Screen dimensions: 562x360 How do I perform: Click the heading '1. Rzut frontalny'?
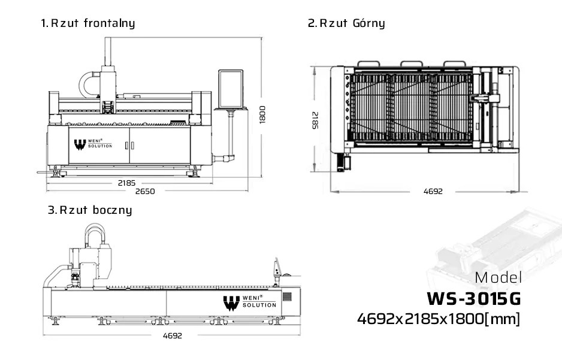88,23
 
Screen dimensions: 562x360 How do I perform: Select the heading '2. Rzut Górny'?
346,23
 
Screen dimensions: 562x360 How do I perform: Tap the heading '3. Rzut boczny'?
90,210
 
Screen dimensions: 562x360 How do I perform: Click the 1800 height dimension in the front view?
262,114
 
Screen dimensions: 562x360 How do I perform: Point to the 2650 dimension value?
145,192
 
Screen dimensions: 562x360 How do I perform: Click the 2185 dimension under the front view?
126,183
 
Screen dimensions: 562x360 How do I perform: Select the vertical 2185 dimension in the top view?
315,120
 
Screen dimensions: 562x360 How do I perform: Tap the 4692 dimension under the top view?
433,192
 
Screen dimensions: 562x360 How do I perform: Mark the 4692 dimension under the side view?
173,336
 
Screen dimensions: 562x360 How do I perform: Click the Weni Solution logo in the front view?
93,144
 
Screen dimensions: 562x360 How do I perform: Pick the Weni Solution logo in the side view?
249,302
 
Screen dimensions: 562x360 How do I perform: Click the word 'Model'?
498,278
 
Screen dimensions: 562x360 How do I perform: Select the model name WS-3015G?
473,299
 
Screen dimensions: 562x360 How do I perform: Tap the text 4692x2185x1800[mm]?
439,319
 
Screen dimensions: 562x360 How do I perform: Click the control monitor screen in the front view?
231,89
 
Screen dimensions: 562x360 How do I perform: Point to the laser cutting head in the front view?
108,107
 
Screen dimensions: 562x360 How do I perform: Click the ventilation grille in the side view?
287,297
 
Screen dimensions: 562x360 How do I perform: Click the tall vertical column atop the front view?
108,52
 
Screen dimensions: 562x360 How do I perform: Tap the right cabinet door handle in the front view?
132,146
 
